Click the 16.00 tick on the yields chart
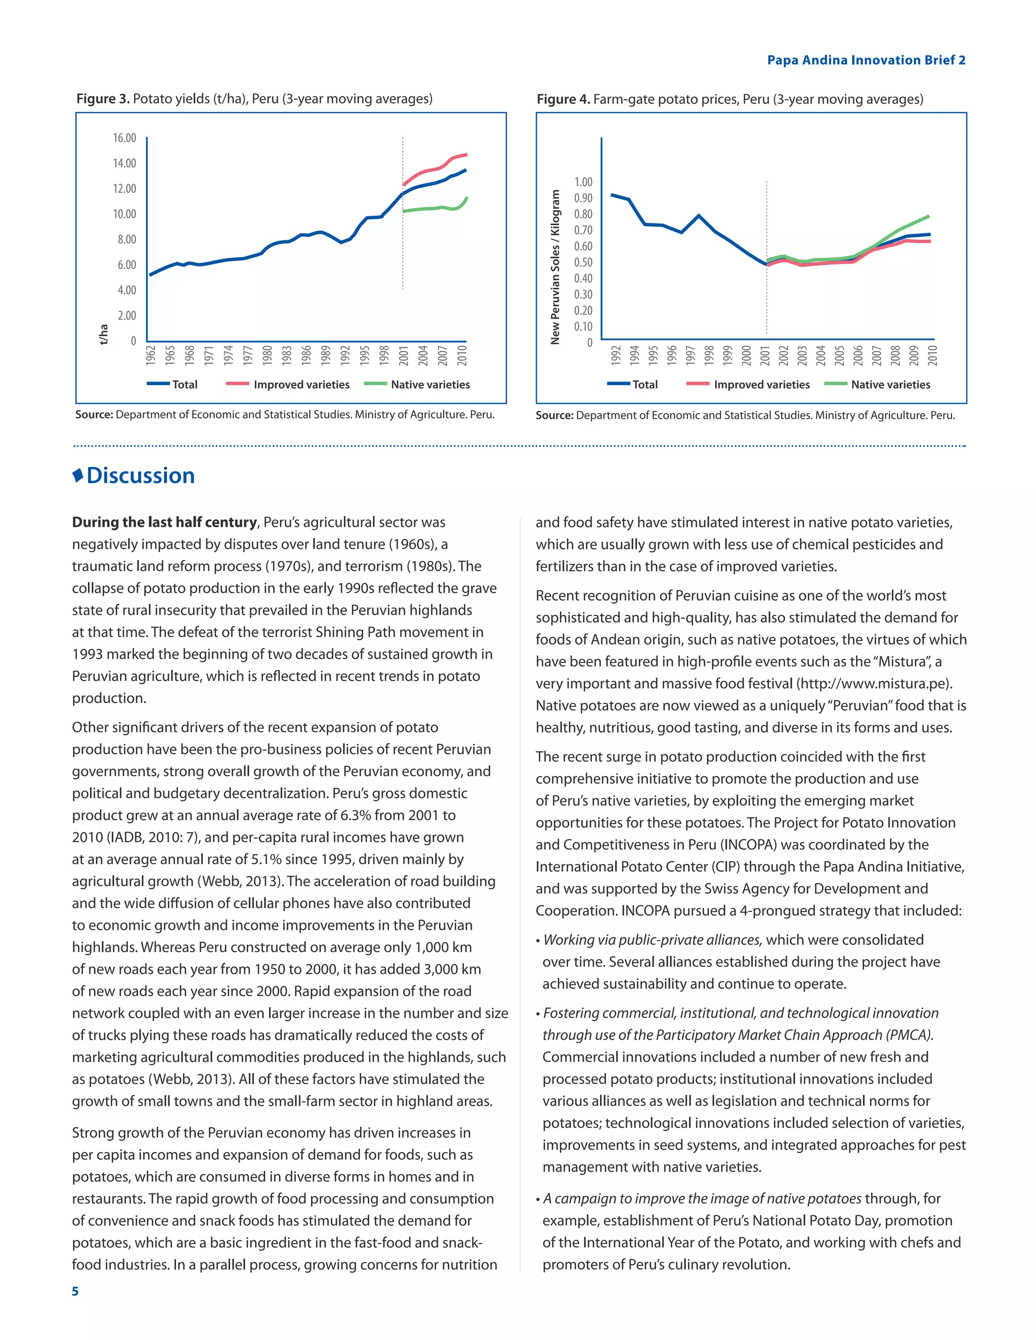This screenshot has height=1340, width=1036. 124,138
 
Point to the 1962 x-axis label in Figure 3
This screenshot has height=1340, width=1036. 151,355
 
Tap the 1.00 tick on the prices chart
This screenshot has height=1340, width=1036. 583,182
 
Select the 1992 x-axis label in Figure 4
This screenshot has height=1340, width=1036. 616,355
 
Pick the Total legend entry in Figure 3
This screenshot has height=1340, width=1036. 184,385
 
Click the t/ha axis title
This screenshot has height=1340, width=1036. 104,334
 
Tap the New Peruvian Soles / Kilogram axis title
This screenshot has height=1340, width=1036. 555,267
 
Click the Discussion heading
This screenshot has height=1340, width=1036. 141,475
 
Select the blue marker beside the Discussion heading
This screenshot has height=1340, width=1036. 78,475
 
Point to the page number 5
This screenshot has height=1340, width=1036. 75,1291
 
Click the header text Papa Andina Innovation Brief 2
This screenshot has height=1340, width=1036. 866,60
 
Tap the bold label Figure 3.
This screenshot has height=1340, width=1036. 103,99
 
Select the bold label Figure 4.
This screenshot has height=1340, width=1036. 563,100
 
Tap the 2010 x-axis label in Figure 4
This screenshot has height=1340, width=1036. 932,355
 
